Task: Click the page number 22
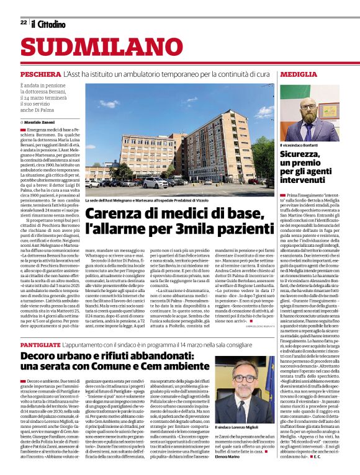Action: (x=23, y=23)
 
